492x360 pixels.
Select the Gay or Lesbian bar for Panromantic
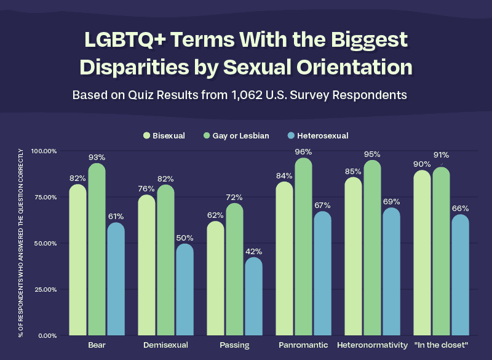tap(303, 246)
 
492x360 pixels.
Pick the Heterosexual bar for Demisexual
tap(184, 289)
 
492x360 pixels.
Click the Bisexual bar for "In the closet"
tap(422, 252)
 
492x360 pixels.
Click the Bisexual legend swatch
tap(146, 135)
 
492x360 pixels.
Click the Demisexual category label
tap(165, 345)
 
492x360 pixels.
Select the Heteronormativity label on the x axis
tap(373, 345)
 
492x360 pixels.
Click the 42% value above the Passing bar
tap(253, 251)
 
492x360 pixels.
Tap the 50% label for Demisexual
tap(184, 238)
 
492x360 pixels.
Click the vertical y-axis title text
tap(21, 243)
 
